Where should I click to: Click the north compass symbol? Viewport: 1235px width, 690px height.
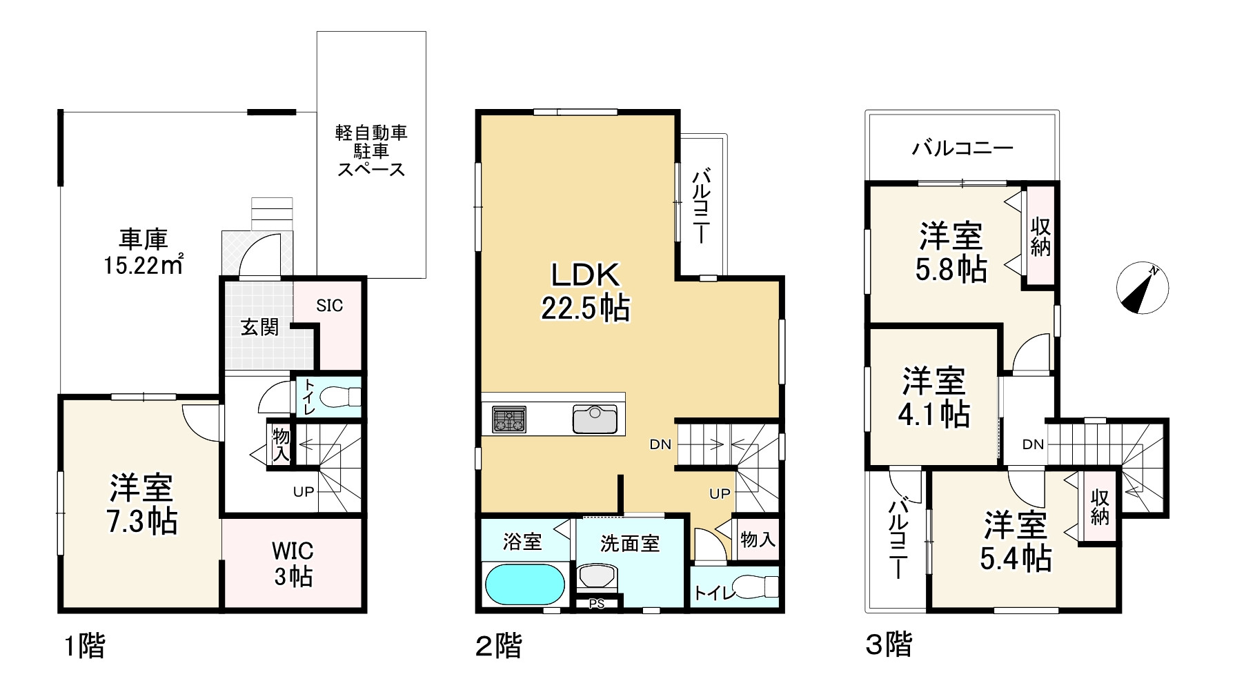click(x=1142, y=288)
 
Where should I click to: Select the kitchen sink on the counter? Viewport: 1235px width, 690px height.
click(x=595, y=419)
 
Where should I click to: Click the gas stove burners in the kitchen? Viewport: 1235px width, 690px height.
click(x=509, y=419)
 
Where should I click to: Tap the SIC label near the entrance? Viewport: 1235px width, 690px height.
click(x=329, y=306)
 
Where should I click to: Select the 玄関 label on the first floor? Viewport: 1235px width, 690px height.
click(x=260, y=327)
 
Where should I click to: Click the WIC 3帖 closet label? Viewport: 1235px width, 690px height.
click(x=293, y=564)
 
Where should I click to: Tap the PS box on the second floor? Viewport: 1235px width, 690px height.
click(x=597, y=604)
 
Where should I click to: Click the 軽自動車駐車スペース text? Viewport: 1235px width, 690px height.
click(x=371, y=150)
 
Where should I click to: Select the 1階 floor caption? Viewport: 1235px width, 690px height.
click(x=84, y=647)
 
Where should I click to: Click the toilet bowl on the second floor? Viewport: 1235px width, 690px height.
click(x=755, y=587)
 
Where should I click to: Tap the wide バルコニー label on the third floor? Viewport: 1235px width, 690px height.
click(x=962, y=148)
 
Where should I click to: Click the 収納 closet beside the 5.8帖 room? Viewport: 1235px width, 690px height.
click(x=1040, y=237)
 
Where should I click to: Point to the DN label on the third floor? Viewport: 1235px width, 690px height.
click(x=1033, y=445)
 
